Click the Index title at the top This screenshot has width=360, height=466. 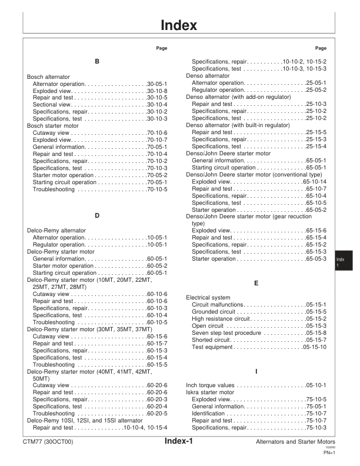point(180,25)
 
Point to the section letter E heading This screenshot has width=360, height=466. point(256,283)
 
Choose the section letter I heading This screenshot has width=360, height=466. point(256,372)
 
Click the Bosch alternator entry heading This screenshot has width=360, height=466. point(48,77)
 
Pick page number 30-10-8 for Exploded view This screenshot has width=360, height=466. point(158,91)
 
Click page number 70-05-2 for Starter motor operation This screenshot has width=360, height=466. point(158,175)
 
